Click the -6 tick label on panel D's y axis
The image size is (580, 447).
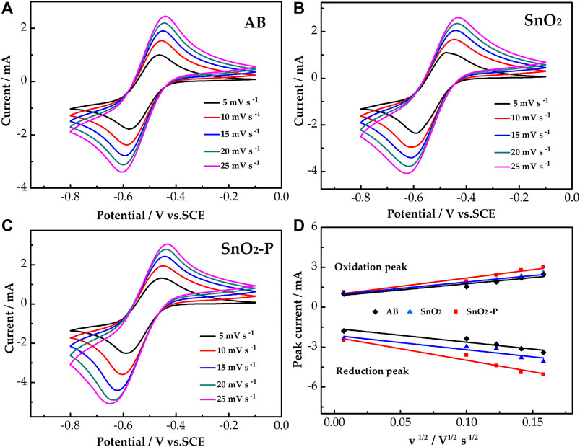point(313,387)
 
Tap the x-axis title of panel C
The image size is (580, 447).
point(155,437)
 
